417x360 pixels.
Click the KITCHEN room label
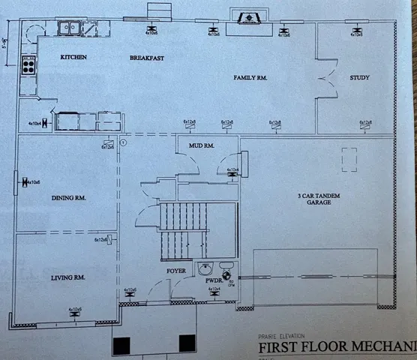click(73, 58)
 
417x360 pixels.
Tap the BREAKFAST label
click(146, 58)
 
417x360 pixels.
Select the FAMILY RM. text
click(250, 77)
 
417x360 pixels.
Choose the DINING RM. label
click(67, 198)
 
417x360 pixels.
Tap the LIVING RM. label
click(67, 277)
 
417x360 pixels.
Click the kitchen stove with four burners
click(28, 64)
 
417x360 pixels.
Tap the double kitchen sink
click(72, 28)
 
